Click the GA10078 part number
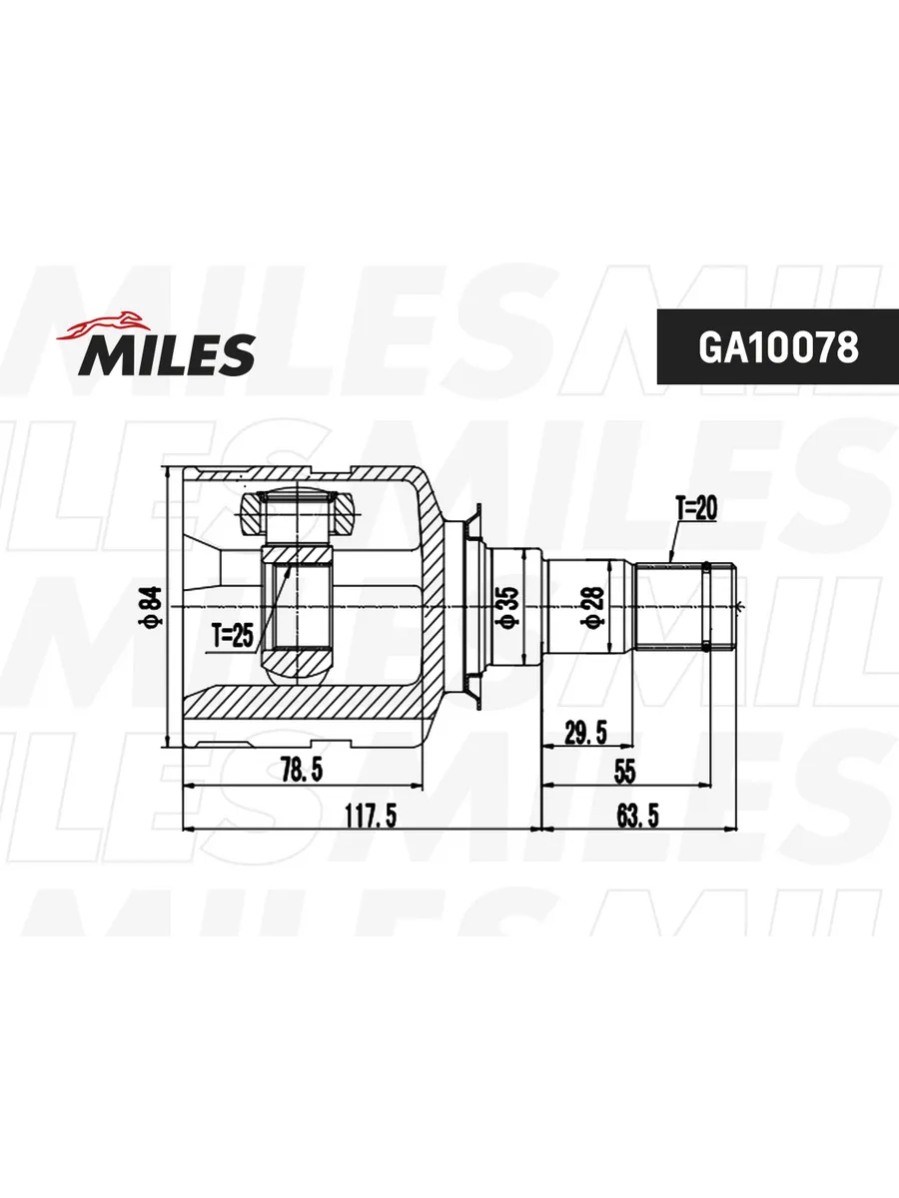[778, 347]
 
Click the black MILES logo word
[167, 355]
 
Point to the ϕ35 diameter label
[506, 606]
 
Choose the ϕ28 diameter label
[595, 607]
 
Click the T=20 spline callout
[696, 509]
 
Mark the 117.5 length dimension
[371, 816]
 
